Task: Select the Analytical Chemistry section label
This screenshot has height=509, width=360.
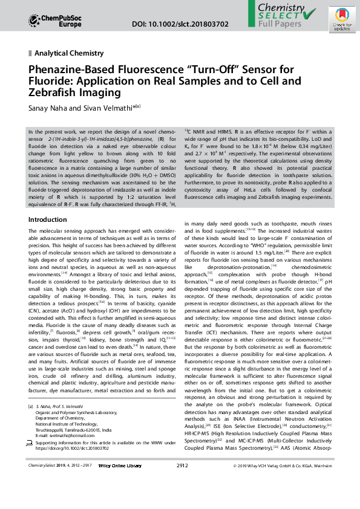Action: click(x=69, y=53)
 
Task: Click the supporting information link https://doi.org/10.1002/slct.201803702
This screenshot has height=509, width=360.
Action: click(x=73, y=465)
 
